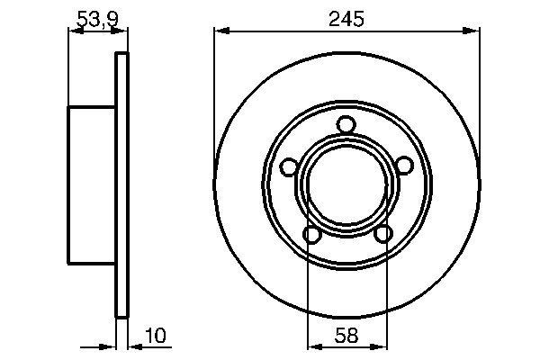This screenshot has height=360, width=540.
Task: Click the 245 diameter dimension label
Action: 346,18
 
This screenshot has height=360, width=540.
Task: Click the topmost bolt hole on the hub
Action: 346,124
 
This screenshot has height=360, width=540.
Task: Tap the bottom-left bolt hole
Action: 311,234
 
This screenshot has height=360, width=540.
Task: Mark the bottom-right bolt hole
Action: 382,234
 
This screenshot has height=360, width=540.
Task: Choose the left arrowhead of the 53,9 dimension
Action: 75,31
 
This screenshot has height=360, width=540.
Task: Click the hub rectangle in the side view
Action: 92,184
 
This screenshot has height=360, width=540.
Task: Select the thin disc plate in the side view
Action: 121,184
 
